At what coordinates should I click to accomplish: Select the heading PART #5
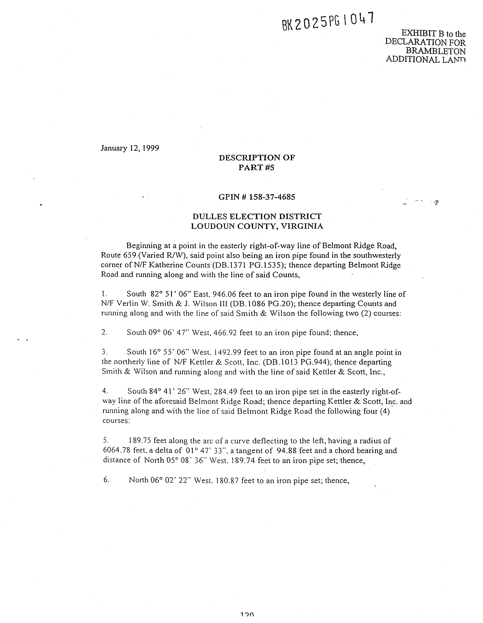(x=256, y=167)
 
